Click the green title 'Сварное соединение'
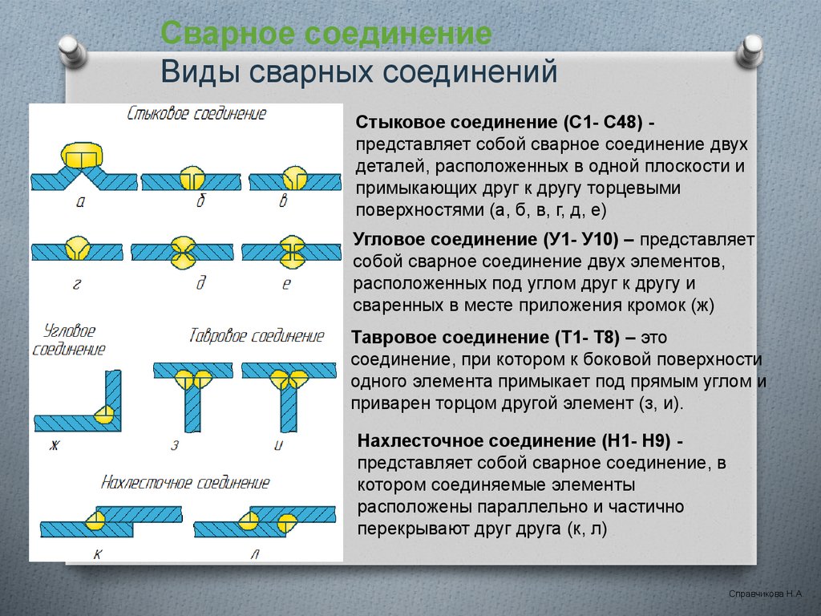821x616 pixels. pos(326,34)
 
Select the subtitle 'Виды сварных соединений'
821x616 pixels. pos(358,71)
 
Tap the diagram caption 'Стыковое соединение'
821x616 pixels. pos(196,114)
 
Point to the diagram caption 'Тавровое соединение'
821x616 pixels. pos(257,335)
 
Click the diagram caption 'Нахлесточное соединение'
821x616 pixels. pos(185,482)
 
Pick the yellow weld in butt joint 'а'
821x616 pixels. pos(81,156)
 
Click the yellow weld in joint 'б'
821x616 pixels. pos(192,176)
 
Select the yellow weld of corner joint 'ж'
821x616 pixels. pos(103,414)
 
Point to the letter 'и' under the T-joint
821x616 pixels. pos(278,444)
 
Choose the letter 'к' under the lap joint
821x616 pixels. pos(97,553)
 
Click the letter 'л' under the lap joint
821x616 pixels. pos(256,553)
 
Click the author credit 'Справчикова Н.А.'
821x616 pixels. pos(765,595)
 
